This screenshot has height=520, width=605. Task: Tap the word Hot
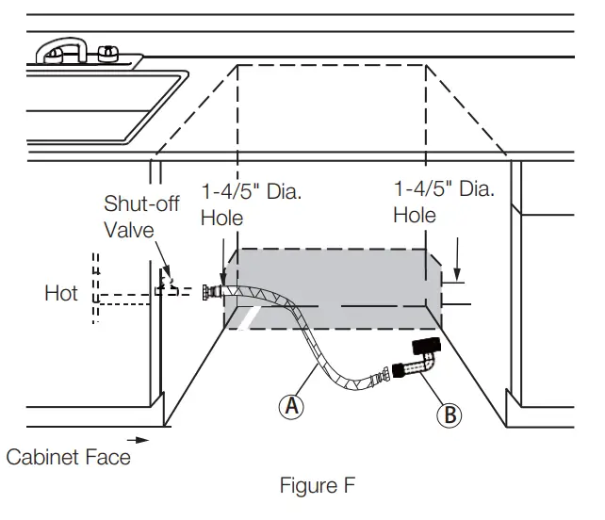tap(61, 294)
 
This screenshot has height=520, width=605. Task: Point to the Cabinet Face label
tap(68, 457)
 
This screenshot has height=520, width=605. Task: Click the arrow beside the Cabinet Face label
tap(138, 440)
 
